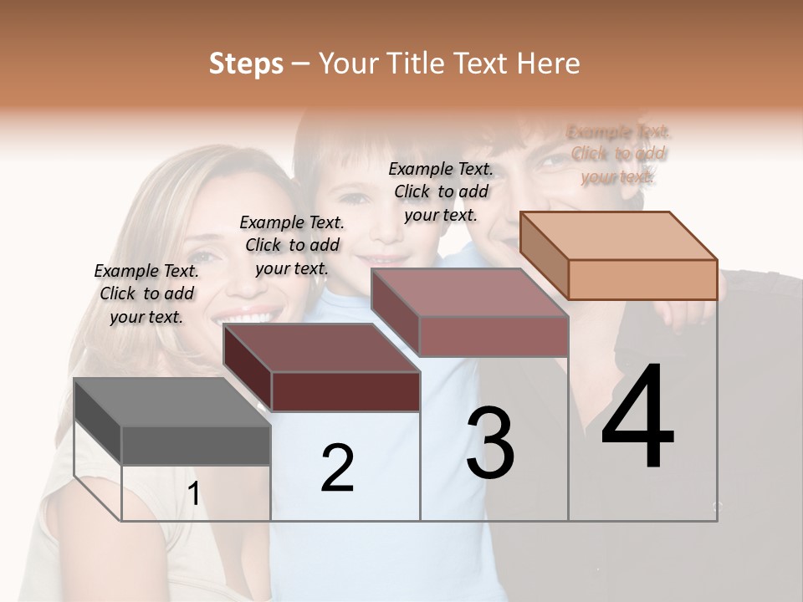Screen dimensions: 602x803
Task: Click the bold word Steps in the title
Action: [x=246, y=64]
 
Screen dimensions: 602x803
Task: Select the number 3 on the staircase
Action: [x=490, y=443]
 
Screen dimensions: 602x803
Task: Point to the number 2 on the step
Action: [x=337, y=468]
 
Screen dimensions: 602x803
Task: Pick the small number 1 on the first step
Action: [x=193, y=494]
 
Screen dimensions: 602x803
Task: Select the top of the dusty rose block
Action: [x=469, y=293]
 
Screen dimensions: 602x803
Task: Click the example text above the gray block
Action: [x=146, y=293]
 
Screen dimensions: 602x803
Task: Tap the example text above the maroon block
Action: [x=292, y=245]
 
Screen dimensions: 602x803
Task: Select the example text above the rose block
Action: [x=441, y=191]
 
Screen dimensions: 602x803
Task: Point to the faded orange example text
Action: [x=619, y=154]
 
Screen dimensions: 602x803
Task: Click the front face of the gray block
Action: [x=196, y=445]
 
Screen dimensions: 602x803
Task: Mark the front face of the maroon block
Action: [x=345, y=391]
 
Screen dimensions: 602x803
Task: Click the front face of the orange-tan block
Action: [x=642, y=279]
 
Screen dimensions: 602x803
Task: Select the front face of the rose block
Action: [x=494, y=336]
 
